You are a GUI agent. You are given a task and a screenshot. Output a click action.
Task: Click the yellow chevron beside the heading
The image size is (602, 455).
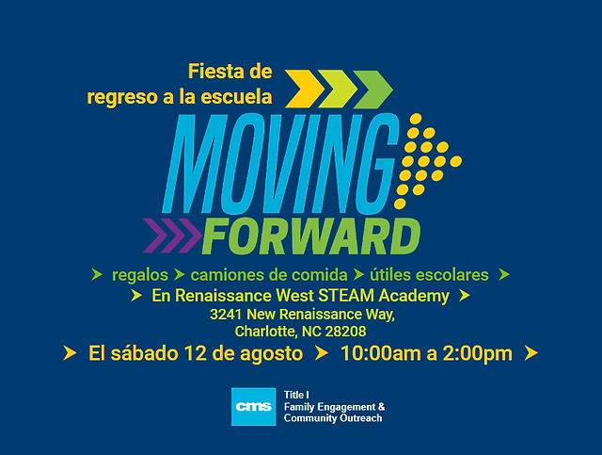pyautogui.click(x=305, y=89)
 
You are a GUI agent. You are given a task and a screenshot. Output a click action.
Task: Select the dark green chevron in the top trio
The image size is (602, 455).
pyautogui.click(x=372, y=89)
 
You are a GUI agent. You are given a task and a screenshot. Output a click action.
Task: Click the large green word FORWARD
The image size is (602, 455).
pyautogui.click(x=311, y=236)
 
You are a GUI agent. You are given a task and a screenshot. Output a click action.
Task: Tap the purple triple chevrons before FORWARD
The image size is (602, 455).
pyautogui.click(x=172, y=236)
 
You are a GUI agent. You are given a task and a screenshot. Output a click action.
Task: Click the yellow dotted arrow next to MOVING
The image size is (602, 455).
pyautogui.click(x=428, y=161)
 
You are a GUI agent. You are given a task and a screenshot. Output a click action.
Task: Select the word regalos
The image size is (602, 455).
pyautogui.click(x=140, y=275)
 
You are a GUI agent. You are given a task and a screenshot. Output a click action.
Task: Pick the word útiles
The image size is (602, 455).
pyautogui.click(x=390, y=275)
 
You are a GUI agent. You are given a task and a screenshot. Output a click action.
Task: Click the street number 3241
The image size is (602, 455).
pyautogui.click(x=226, y=315)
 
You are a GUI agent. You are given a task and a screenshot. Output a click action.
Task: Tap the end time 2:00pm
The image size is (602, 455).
pyautogui.click(x=478, y=354)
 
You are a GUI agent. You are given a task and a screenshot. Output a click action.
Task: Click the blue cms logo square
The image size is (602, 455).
pyautogui.click(x=253, y=407)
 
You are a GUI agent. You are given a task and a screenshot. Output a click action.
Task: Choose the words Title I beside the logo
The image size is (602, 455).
pyautogui.click(x=296, y=395)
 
